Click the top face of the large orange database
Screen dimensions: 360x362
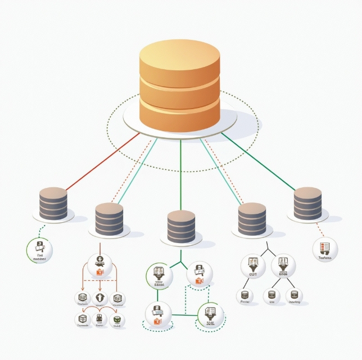(179, 55)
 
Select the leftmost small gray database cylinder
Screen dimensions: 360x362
(53, 204)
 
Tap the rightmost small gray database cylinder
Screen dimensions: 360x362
(308, 204)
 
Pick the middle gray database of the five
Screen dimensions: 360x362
(181, 227)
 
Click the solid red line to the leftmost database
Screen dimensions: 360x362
(101, 163)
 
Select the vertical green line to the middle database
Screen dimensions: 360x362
(180, 174)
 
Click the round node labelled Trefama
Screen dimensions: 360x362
(325, 249)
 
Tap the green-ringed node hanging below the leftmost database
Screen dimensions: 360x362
(40, 249)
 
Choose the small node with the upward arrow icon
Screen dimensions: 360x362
(100, 298)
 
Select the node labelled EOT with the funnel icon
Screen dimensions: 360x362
(252, 266)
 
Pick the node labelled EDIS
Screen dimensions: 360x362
(283, 266)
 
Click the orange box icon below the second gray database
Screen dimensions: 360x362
(100, 272)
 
